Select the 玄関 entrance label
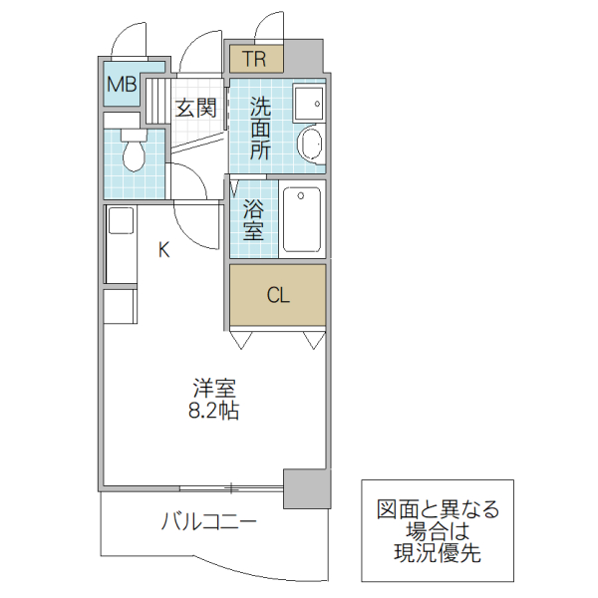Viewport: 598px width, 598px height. (195, 108)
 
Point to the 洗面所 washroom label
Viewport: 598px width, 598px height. (260, 127)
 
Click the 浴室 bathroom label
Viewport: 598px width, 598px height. (253, 220)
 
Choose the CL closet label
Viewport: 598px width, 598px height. (277, 295)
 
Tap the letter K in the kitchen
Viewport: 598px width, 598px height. (164, 250)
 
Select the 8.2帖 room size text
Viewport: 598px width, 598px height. (214, 410)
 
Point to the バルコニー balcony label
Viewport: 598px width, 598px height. (209, 521)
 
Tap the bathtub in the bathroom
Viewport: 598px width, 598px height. (303, 217)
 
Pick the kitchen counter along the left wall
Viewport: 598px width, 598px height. (120, 245)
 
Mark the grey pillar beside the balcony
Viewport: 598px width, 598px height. (306, 488)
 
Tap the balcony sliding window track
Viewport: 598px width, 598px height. (230, 488)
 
